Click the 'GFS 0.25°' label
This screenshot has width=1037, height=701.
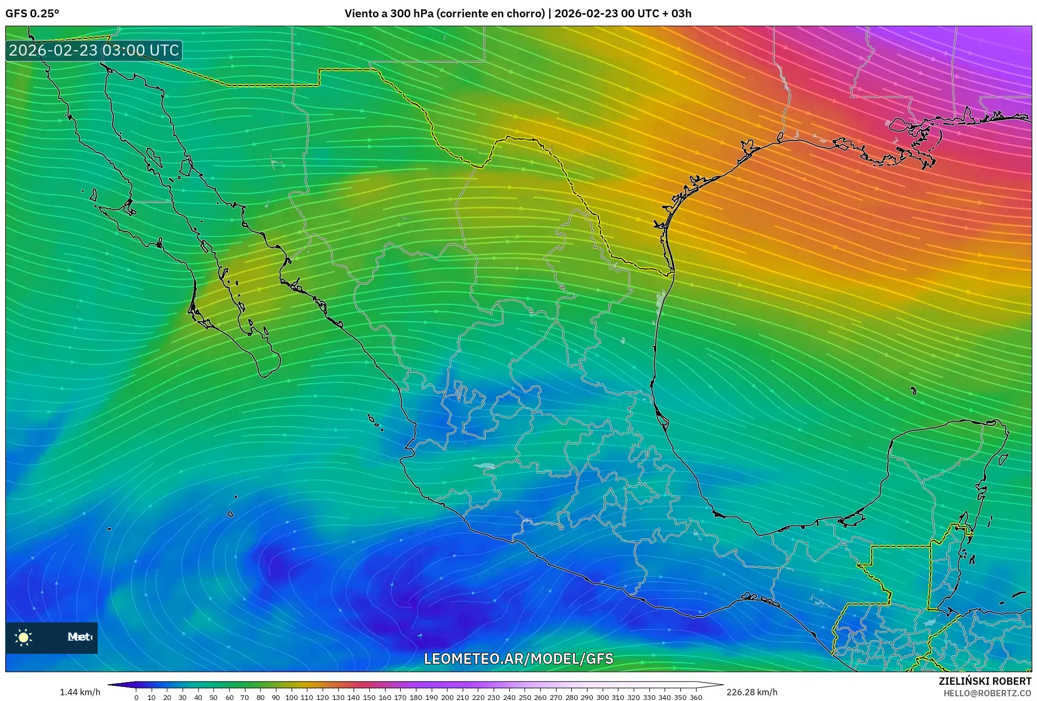tap(32, 14)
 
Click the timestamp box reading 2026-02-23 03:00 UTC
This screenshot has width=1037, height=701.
tap(94, 51)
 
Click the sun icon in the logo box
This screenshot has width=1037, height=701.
tap(24, 637)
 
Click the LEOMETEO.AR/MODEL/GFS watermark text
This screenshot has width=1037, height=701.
tap(518, 659)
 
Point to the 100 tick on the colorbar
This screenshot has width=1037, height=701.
tap(291, 697)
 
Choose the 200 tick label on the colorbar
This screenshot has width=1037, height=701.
tap(447, 697)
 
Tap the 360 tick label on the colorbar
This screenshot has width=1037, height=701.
tap(696, 697)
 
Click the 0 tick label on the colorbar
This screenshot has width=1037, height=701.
tap(136, 697)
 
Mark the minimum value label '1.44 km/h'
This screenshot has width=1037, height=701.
tap(80, 692)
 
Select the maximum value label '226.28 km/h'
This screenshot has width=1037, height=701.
tap(752, 692)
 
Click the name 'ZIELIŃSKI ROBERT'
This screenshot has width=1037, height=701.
tap(985, 681)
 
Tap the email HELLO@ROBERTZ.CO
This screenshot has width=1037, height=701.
tap(987, 693)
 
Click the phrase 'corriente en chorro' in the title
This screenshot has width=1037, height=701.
tap(490, 14)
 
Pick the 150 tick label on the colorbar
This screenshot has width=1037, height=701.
tap(369, 697)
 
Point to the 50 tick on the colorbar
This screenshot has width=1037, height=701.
tap(213, 697)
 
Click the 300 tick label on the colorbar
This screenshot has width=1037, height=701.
tap(602, 697)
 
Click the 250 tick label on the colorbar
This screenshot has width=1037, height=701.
tap(525, 697)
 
